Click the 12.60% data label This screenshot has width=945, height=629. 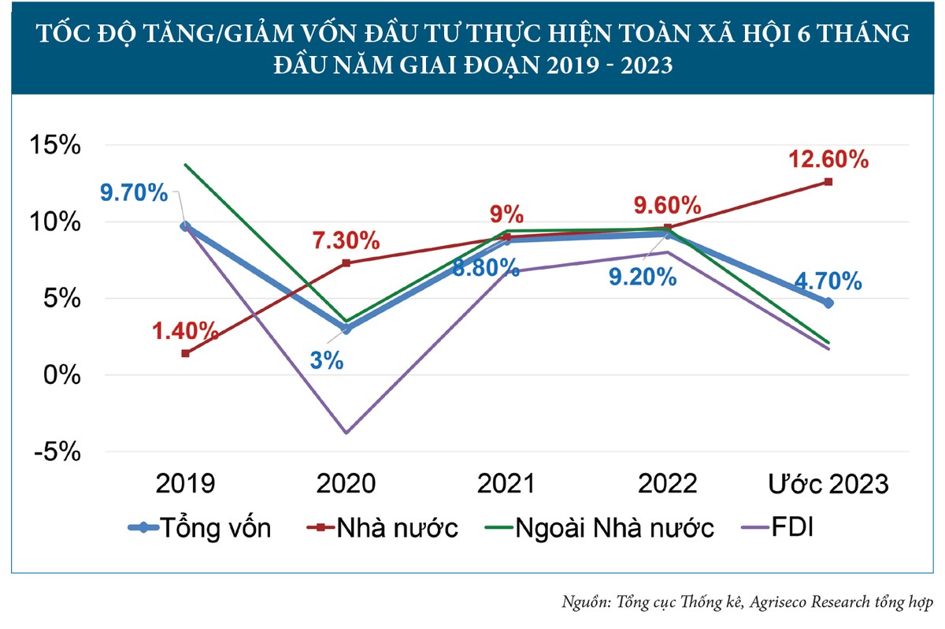[828, 160]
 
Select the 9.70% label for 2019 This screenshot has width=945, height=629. [135, 192]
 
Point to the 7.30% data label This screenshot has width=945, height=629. [346, 240]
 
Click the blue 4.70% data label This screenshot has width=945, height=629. [828, 281]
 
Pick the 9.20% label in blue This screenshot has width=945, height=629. [644, 277]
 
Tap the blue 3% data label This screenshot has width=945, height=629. [326, 361]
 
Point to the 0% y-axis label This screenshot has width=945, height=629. [62, 376]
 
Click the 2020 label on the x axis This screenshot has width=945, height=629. [346, 483]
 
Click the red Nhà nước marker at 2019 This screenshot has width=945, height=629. [185, 353]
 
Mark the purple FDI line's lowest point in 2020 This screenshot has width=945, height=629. [346, 433]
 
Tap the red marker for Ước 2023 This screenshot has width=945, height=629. [828, 182]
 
